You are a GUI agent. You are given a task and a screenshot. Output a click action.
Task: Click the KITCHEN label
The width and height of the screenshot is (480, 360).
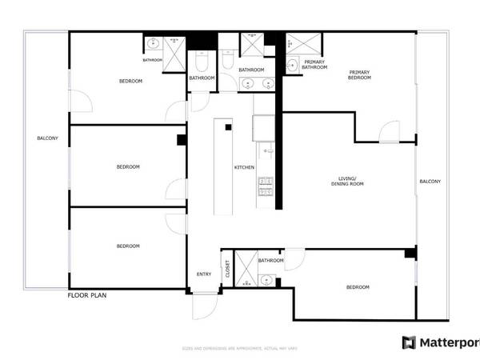point(244,167)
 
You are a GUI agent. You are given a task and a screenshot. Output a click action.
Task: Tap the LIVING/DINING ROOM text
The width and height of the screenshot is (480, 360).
point(347,181)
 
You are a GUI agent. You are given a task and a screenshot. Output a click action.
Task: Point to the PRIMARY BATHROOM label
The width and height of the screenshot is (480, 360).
point(314,65)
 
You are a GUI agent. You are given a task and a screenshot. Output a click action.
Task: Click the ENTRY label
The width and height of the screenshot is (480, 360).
point(204,274)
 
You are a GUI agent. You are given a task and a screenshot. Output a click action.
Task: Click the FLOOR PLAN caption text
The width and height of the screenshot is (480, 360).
point(87,295)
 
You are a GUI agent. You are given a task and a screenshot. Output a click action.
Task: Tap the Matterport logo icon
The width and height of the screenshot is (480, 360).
point(409,342)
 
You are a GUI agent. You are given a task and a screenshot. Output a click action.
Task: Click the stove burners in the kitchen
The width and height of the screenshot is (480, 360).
point(265,186)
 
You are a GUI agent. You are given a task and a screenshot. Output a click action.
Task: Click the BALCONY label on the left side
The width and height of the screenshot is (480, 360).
point(47,138)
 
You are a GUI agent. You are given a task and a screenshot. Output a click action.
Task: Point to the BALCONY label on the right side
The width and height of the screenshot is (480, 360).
point(430,182)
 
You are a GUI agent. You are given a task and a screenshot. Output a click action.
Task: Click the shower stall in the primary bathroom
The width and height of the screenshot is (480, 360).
point(301,43)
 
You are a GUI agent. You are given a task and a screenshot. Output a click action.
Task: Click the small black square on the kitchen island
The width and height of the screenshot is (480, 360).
point(228,127)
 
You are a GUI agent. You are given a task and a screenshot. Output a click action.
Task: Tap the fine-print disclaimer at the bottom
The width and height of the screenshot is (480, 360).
point(239,349)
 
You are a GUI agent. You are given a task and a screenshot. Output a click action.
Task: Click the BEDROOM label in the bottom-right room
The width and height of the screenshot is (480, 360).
point(358,286)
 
